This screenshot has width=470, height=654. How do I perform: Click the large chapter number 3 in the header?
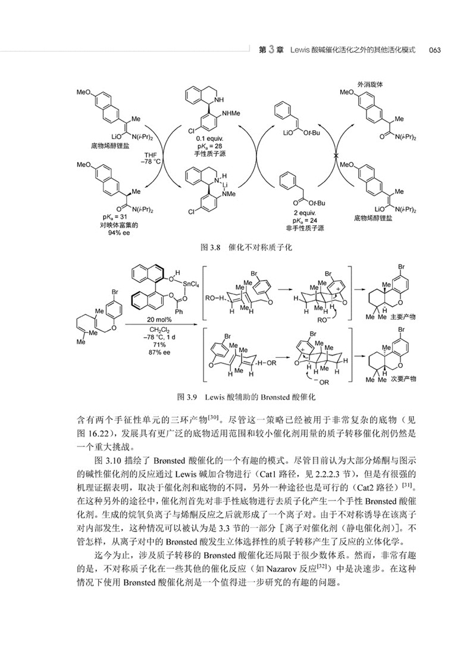click(272, 49)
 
